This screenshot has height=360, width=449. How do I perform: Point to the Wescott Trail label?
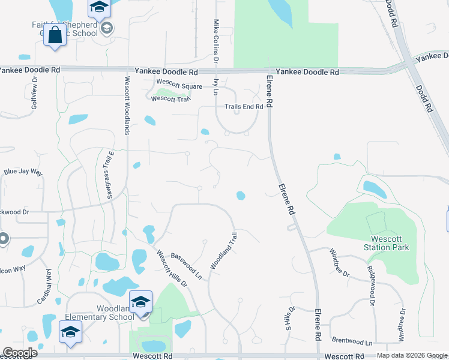170,99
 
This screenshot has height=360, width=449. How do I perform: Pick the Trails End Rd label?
244,107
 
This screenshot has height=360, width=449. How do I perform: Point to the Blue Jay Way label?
23,172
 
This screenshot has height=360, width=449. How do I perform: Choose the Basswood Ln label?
186,264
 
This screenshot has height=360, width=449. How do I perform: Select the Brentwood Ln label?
367,340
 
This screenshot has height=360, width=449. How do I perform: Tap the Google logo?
20,353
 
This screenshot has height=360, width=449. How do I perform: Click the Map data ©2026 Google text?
411,355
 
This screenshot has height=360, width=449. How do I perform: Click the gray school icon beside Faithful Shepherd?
107,28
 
